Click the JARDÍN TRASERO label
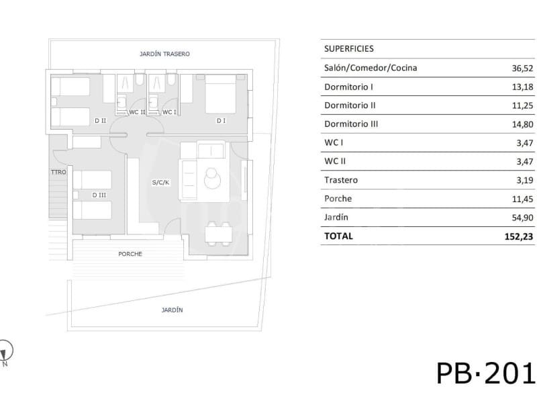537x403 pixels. pos(164,54)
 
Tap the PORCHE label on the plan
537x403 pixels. pos(130,254)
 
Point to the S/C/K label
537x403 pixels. pos(160,182)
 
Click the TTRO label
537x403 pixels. pos(58,173)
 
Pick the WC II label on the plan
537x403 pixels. pos(137,112)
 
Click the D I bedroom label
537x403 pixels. pos(221,121)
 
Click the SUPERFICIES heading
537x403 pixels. pos(348,49)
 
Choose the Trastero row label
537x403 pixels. pos(341,180)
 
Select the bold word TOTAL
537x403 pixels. pos(338,236)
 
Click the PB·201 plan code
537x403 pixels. pos(485,373)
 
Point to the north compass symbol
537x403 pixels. pos(6,351)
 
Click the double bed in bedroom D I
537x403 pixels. pos(219,94)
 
